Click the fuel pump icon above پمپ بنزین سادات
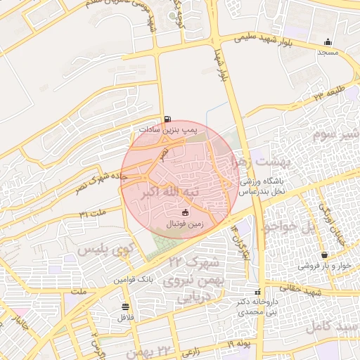[167, 120]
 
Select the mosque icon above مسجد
[328, 42]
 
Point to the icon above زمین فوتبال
[186, 213]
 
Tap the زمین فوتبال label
[184, 224]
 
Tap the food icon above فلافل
[126, 306]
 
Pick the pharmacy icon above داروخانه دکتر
[258, 292]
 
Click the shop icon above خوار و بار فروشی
[324, 255]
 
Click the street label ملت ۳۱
[92, 212]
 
